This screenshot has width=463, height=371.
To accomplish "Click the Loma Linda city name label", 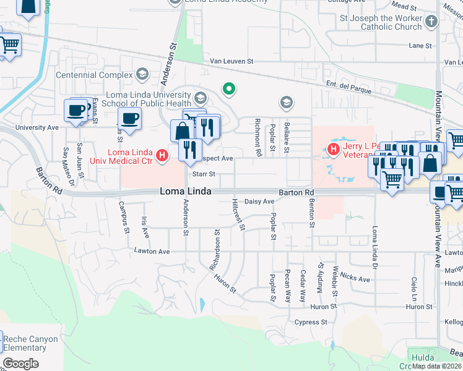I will pyautogui.click(x=186, y=192).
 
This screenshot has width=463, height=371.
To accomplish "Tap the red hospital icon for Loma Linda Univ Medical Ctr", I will pyautogui.click(x=162, y=155).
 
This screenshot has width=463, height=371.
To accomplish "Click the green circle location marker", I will pyautogui.click(x=229, y=89).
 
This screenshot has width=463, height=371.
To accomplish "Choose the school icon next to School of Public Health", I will pyautogui.click(x=200, y=98).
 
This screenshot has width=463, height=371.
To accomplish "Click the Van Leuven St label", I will pyautogui.click(x=232, y=61).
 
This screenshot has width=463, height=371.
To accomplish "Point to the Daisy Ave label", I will pyautogui.click(x=259, y=202).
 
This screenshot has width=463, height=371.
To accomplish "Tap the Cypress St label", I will pyautogui.click(x=311, y=322).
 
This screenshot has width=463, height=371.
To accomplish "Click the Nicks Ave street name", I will pyautogui.click(x=355, y=279).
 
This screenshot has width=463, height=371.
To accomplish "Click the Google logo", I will pyautogui.click(x=20, y=364).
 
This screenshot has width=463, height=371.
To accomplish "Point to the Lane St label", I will pyautogui.click(x=420, y=46).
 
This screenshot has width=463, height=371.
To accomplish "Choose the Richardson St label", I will pyautogui.click(x=215, y=251).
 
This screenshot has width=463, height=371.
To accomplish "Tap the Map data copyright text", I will pyautogui.click(x=436, y=366).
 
